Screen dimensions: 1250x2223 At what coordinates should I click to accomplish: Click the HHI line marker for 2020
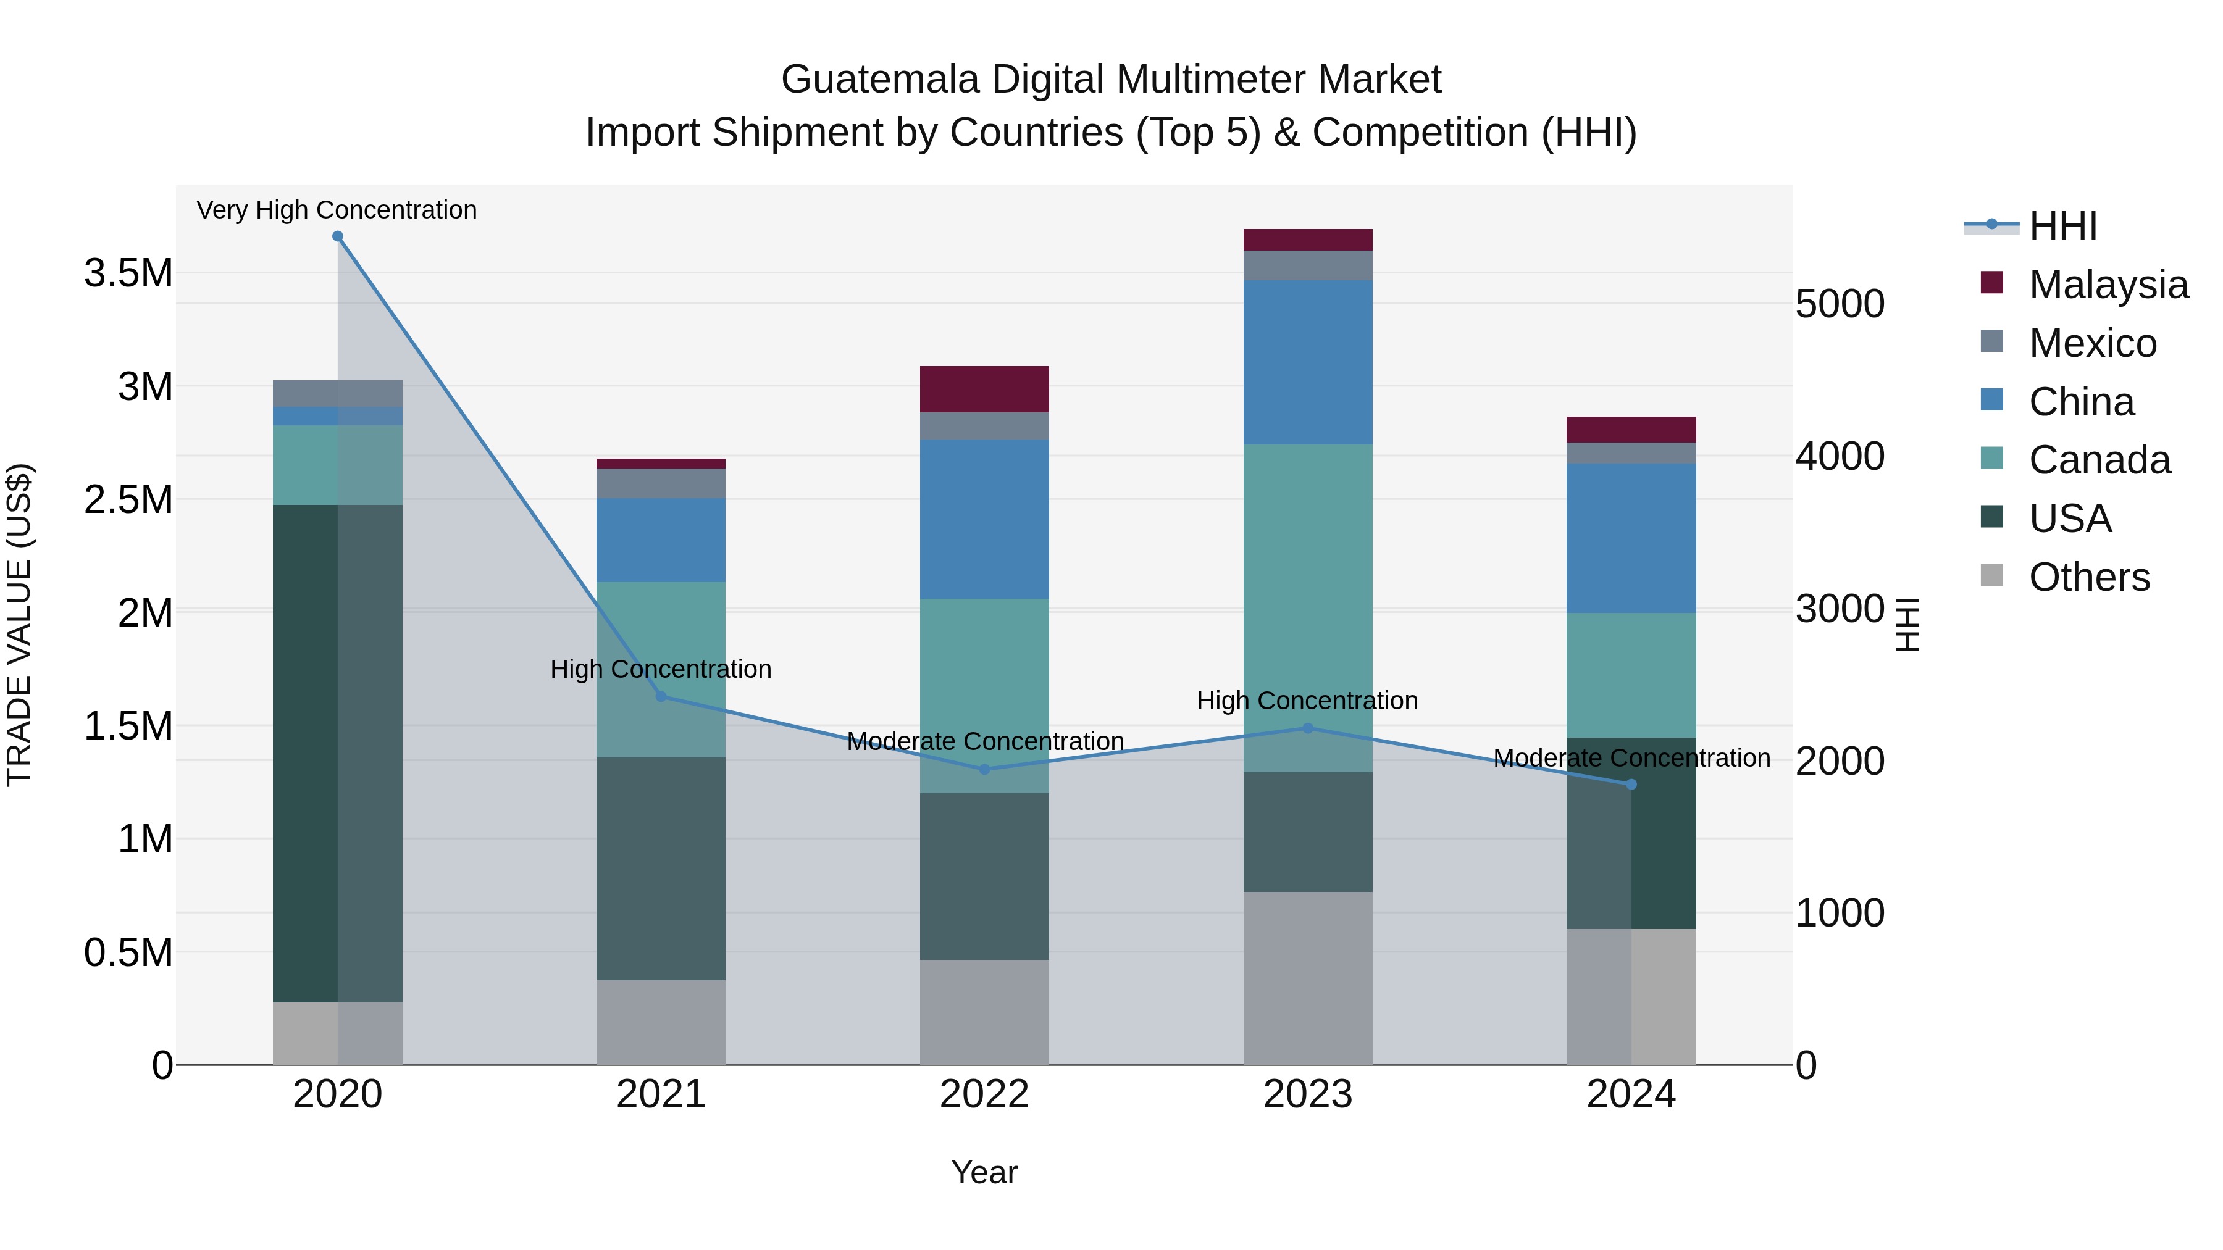[337, 236]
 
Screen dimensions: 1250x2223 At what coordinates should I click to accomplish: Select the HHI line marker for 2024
[1631, 784]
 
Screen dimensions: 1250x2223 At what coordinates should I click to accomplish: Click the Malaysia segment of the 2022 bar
[985, 389]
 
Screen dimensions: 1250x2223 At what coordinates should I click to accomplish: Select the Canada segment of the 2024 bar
[1631, 675]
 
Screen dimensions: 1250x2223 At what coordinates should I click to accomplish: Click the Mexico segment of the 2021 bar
[661, 483]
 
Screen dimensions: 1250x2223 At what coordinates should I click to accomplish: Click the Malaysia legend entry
[2108, 285]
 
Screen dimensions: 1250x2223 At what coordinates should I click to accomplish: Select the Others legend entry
[2088, 577]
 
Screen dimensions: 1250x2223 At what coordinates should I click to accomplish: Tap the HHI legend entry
[2062, 226]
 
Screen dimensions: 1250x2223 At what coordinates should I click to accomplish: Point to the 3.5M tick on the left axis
[128, 273]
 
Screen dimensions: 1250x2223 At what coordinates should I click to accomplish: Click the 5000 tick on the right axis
[1840, 304]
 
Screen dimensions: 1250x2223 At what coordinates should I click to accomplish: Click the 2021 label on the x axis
[661, 1094]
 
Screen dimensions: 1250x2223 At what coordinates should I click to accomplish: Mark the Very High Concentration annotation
[337, 210]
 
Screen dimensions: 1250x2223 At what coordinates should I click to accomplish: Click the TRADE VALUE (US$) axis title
[19, 625]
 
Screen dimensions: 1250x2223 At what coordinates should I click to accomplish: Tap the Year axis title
[985, 1172]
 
